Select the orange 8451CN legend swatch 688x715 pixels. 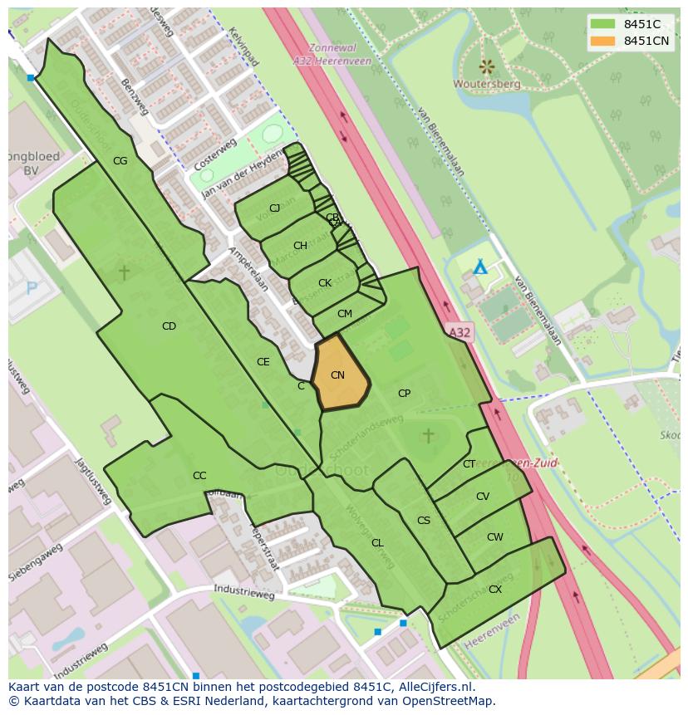[603, 41]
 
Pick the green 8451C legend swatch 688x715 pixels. [603, 24]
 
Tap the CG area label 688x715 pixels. [120, 161]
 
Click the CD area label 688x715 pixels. [169, 326]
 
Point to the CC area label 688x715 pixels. [199, 476]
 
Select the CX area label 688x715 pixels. [495, 590]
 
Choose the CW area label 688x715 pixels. [495, 537]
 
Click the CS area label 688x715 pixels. [424, 521]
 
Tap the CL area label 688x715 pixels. [377, 543]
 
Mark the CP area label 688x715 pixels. [404, 394]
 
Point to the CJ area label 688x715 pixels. [274, 208]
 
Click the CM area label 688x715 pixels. [345, 314]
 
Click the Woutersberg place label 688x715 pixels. [487, 84]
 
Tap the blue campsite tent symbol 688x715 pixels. [479, 267]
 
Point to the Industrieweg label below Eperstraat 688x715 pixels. [243, 594]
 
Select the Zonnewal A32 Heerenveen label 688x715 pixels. [332, 55]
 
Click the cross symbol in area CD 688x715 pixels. [125, 272]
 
